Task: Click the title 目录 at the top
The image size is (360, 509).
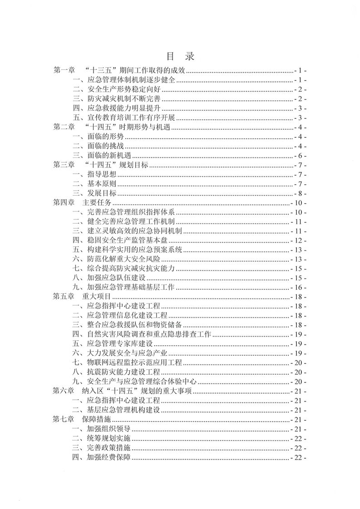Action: click(x=180, y=56)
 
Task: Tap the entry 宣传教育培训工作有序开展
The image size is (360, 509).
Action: click(x=133, y=118)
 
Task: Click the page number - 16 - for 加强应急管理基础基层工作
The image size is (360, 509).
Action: click(x=299, y=288)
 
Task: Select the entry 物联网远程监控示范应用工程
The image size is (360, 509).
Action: click(x=133, y=363)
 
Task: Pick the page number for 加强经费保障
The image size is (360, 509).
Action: click(x=299, y=458)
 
